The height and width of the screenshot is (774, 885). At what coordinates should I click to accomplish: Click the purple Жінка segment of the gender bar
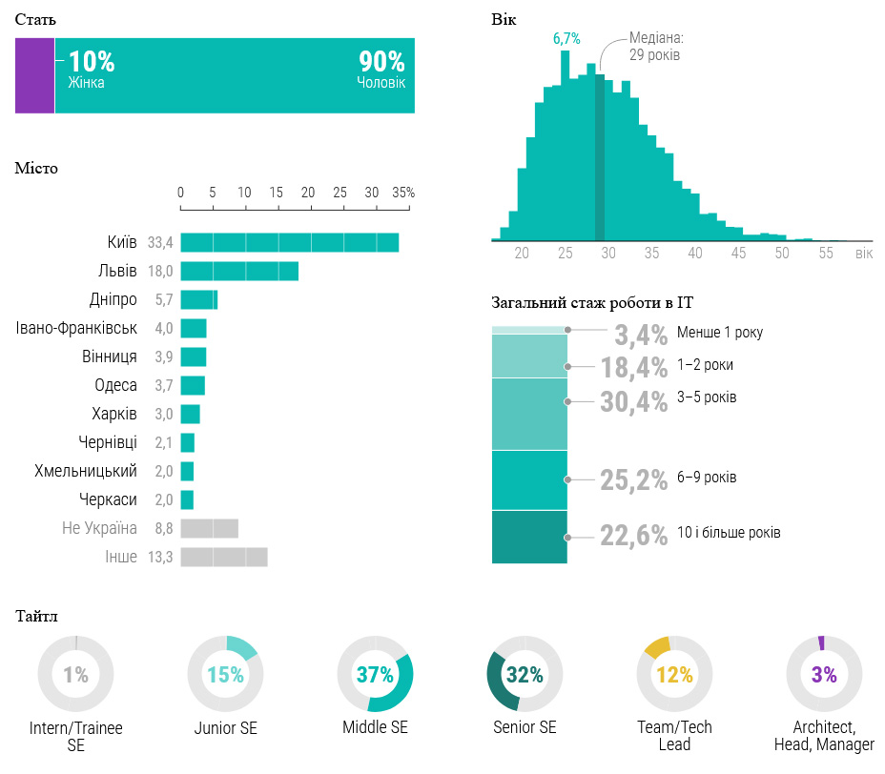[x=34, y=75]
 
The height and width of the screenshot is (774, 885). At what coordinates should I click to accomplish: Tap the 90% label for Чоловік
[x=381, y=62]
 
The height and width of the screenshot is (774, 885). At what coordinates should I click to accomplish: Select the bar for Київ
[x=289, y=242]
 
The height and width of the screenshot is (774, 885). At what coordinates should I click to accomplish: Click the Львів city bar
[x=239, y=271]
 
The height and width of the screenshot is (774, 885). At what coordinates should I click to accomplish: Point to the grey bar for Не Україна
[x=209, y=528]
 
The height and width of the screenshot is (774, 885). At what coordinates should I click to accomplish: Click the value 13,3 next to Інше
[x=160, y=557]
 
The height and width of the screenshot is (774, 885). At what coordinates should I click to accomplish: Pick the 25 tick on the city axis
[x=340, y=193]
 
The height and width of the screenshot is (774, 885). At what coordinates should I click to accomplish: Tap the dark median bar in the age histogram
[x=600, y=157]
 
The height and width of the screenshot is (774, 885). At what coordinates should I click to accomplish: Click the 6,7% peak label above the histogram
[x=566, y=38]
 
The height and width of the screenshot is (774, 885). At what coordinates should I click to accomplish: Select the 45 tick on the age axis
[x=739, y=254]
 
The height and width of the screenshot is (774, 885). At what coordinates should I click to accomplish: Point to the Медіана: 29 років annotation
[x=656, y=47]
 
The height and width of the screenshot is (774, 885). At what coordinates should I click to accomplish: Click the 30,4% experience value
[x=633, y=402]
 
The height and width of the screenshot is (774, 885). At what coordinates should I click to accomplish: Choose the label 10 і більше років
[x=729, y=532]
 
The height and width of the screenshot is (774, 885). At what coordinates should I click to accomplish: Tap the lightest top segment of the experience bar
[x=529, y=330]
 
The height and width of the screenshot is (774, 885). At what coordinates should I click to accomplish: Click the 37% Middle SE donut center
[x=375, y=675]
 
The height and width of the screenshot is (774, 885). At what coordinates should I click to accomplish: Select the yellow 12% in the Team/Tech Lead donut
[x=674, y=675]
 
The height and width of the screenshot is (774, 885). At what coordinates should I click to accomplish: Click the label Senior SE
[x=525, y=727]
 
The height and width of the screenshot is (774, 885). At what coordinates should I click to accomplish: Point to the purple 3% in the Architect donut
[x=824, y=675]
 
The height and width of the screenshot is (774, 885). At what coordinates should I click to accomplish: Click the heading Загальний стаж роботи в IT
[x=592, y=303]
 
